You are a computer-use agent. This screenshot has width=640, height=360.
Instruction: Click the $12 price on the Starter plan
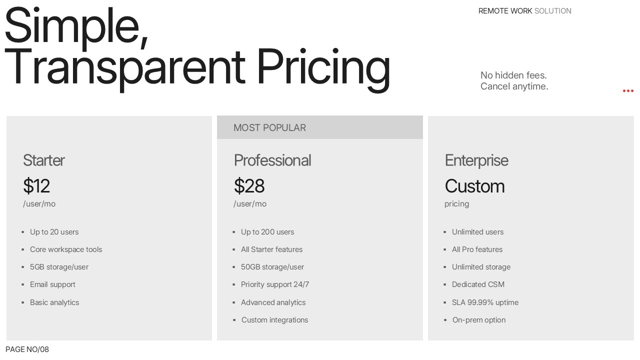pyautogui.click(x=36, y=186)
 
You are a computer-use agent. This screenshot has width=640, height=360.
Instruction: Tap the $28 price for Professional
pyautogui.click(x=249, y=186)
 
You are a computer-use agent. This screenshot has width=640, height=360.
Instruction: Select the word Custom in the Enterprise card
pyautogui.click(x=474, y=186)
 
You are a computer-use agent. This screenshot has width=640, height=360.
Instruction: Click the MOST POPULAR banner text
pyautogui.click(x=269, y=127)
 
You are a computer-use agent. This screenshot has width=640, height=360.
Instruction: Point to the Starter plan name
pyautogui.click(x=44, y=160)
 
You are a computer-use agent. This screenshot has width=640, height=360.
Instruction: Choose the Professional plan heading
pyautogui.click(x=272, y=160)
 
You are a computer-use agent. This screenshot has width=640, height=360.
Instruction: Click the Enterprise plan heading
pyautogui.click(x=476, y=160)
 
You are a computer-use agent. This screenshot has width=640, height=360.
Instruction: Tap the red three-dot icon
pyautogui.click(x=628, y=91)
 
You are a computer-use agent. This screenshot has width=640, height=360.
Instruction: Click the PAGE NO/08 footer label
pyautogui.click(x=27, y=349)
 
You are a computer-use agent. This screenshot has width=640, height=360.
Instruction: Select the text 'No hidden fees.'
pyautogui.click(x=513, y=75)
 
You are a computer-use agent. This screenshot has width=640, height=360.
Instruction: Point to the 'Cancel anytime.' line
pyautogui.click(x=514, y=86)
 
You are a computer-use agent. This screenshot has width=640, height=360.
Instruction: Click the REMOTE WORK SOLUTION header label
pyautogui.click(x=525, y=11)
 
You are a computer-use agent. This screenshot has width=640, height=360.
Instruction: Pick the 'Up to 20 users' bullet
pyautogui.click(x=54, y=232)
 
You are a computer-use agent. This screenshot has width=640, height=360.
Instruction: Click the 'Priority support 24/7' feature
pyautogui.click(x=275, y=284)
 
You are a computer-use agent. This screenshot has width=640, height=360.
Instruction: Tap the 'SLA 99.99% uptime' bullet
pyautogui.click(x=485, y=302)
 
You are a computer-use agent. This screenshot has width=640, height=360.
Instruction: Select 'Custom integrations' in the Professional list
pyautogui.click(x=275, y=320)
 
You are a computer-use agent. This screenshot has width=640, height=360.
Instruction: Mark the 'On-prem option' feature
pyautogui.click(x=479, y=320)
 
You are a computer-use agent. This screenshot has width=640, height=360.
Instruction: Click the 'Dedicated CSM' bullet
pyautogui.click(x=478, y=284)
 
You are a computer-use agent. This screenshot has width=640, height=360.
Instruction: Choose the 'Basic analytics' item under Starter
pyautogui.click(x=54, y=302)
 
